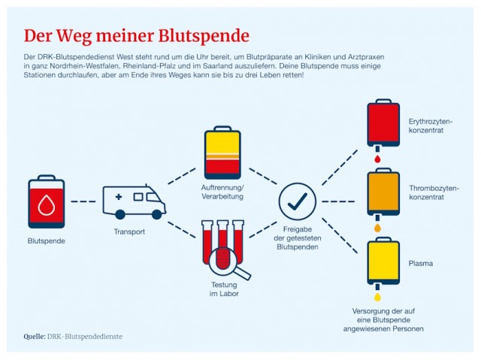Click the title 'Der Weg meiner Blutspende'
click(136, 35)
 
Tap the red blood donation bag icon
click(47, 202)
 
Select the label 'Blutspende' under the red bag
click(47, 241)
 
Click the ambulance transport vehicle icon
click(134, 201)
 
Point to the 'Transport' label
click(129, 231)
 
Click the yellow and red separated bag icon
click(223, 151)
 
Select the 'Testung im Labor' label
click(224, 289)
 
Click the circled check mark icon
click(297, 201)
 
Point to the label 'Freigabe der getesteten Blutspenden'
click(297, 239)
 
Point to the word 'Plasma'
click(421, 264)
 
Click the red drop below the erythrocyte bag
click(377, 159)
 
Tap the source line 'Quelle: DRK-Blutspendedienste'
click(73, 336)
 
